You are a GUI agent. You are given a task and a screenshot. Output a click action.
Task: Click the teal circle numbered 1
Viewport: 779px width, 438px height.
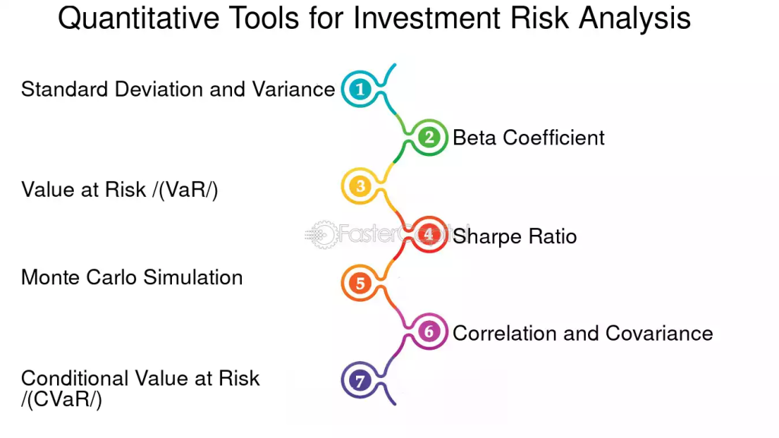coord(360,89)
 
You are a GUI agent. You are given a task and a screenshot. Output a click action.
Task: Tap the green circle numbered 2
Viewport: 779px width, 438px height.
coord(429,137)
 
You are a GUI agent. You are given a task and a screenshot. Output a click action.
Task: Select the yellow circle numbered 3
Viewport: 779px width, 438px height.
coord(360,186)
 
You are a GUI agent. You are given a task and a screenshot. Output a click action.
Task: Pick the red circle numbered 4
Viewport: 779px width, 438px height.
coord(429,234)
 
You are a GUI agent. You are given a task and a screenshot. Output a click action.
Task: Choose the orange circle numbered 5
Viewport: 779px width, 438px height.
coord(360,283)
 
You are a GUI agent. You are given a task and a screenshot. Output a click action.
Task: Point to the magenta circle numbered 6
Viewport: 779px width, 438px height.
coord(429,332)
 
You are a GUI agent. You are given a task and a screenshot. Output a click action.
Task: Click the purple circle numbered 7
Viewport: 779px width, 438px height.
coord(360,380)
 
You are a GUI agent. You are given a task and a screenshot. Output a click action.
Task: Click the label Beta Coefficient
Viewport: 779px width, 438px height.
coord(529,138)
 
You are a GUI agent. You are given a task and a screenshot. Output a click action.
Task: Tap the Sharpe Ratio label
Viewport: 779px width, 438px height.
coord(515,236)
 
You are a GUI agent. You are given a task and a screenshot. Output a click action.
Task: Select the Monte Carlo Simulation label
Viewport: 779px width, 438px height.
coord(132,277)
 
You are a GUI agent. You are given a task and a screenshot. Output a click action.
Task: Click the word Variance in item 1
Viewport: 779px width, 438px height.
coord(294,90)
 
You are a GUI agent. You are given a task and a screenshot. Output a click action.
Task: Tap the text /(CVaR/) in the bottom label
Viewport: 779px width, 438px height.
coord(62,399)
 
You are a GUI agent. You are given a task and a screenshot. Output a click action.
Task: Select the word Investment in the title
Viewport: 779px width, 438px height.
coord(427,18)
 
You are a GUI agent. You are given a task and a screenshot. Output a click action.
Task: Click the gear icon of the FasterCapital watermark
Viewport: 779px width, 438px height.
coord(323,234)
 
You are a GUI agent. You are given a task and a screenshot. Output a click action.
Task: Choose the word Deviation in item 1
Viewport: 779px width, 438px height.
coord(161,90)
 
